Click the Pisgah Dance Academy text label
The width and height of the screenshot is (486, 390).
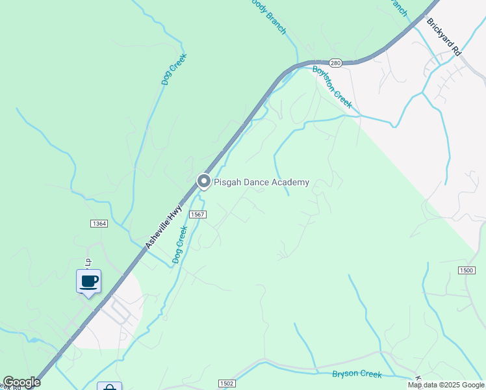(261, 183)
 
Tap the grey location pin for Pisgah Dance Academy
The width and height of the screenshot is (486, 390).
(204, 182)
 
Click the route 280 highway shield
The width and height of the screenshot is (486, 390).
(335, 63)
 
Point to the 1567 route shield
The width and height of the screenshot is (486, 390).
(198, 214)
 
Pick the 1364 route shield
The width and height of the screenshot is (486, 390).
(99, 224)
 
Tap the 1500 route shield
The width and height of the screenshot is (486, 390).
(466, 270)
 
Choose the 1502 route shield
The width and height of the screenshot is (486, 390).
(226, 383)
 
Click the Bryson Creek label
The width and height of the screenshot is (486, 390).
(356, 374)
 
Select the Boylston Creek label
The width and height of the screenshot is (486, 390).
(332, 86)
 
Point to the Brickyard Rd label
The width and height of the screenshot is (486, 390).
(444, 36)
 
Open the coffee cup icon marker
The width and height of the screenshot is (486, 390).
(89, 281)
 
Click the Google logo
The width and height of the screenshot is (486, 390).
(21, 383)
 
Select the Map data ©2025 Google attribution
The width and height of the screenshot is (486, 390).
(446, 385)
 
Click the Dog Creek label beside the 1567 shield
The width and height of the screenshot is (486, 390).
(179, 244)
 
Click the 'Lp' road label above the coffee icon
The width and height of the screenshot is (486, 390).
(87, 261)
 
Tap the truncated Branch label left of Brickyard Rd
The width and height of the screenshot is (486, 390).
(397, 6)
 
